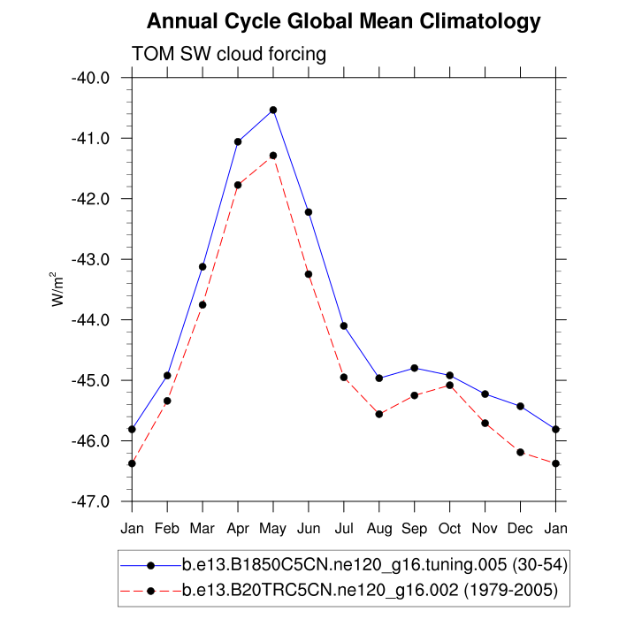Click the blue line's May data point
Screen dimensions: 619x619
click(273, 110)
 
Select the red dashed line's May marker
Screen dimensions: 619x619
click(273, 156)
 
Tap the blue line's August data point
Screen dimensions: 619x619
click(379, 378)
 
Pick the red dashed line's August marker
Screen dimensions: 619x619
click(379, 414)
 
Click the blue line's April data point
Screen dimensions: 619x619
click(238, 141)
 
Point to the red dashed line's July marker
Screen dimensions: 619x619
click(344, 378)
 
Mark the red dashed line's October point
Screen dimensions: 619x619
click(450, 385)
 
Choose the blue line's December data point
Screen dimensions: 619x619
click(520, 406)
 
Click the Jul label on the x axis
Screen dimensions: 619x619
click(344, 528)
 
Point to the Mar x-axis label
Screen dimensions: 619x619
click(203, 528)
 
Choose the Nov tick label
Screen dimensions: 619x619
click(485, 528)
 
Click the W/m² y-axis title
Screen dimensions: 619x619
click(58, 289)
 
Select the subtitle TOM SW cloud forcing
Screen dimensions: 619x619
click(229, 55)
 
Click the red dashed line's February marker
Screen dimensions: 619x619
click(167, 401)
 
